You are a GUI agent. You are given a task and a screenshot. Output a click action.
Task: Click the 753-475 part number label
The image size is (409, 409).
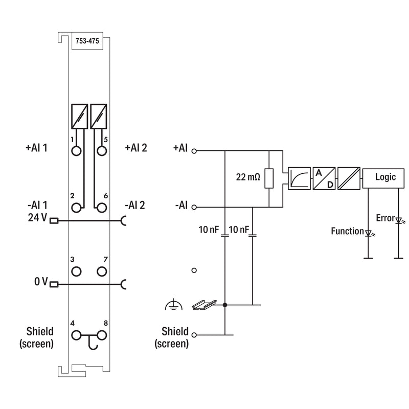coord(87,41)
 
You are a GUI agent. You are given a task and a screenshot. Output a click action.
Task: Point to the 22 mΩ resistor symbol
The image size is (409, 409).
coord(269,178)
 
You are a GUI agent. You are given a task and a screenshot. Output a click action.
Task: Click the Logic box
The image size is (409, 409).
coord(383,178)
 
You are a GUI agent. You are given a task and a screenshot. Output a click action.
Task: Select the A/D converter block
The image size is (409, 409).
coord(324,178)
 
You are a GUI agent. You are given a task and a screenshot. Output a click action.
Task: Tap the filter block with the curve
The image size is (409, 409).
coord(299,178)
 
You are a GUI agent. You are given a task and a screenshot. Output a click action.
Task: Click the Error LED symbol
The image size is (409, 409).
coord(399,221)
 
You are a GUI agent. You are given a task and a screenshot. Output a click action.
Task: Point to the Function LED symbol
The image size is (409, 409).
coord(368,233)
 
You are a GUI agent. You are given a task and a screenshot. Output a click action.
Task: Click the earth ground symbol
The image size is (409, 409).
coord(173,305)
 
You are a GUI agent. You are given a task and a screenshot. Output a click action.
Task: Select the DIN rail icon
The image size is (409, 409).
coord(204,305)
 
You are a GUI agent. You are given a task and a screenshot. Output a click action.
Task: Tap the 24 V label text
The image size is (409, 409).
coord(37,218)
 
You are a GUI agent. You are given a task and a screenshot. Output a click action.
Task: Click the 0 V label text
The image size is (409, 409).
coord(41,282)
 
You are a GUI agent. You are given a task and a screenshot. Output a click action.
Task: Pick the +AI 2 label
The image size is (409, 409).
coord(136,148)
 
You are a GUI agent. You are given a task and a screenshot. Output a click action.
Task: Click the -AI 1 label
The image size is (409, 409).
coord(37,206)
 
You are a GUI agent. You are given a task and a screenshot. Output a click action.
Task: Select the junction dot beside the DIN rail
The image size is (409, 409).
coord(225,305)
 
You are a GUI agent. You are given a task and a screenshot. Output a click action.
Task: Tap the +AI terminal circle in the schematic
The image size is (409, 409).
coord(194,151)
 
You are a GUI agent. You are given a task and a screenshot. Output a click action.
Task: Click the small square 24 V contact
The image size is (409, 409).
coord(54,221)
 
